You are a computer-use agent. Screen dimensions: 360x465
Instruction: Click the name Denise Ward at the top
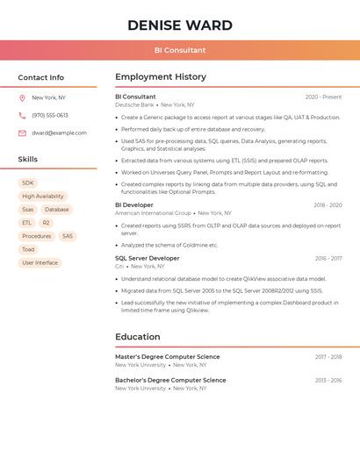point(180,25)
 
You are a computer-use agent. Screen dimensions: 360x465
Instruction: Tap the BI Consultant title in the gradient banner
point(180,50)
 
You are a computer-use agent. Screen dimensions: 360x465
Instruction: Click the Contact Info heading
point(40,77)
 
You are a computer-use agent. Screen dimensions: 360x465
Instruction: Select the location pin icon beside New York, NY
point(22,98)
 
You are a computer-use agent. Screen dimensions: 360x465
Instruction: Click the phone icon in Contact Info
point(22,116)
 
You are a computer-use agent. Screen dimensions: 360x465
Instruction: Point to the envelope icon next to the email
point(22,133)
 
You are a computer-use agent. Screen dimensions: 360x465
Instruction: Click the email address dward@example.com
point(59,133)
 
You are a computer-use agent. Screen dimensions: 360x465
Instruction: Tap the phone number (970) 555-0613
point(50,116)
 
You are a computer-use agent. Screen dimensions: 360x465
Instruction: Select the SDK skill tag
point(28,183)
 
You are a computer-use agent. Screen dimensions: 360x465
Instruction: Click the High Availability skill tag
point(43,197)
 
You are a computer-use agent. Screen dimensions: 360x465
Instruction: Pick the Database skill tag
point(56,210)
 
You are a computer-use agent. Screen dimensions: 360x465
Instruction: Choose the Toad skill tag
point(29,249)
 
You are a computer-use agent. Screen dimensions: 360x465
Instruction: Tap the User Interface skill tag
point(40,262)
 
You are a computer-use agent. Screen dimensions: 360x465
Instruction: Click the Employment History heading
point(161,77)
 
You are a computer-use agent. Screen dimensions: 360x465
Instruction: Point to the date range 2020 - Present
point(323,97)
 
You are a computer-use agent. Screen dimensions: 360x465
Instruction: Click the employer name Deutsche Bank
point(134,104)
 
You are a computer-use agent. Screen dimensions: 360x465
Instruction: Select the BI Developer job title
point(134,205)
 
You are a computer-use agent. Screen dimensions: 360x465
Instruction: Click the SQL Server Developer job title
point(147,259)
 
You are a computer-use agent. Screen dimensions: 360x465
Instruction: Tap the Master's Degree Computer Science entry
point(168,357)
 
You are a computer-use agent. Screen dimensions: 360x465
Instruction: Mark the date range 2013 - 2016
point(328,381)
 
